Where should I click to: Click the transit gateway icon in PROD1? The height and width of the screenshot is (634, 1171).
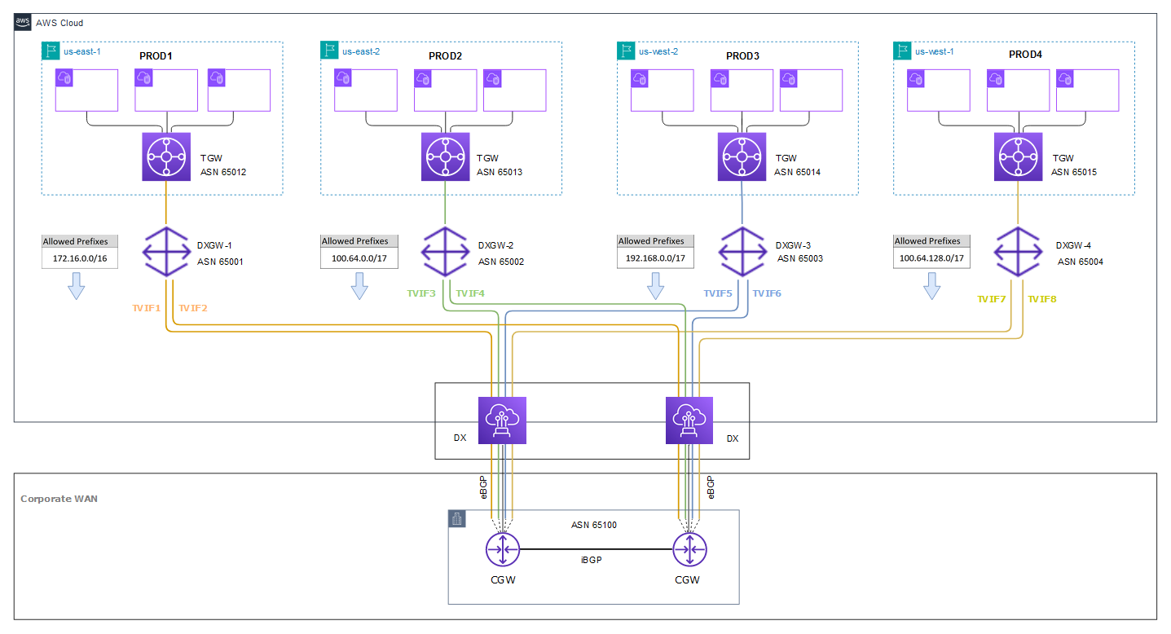[166, 156]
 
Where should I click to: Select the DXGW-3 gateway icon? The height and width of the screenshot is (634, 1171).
[742, 252]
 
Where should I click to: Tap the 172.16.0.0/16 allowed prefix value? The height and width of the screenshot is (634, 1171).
[80, 258]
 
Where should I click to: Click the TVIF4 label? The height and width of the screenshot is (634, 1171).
[470, 293]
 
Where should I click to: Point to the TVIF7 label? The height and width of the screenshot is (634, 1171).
[991, 299]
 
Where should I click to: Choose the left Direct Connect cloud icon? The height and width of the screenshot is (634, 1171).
[502, 420]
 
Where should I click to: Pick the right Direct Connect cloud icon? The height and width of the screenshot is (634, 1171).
[689, 420]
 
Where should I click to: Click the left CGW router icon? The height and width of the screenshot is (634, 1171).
[502, 549]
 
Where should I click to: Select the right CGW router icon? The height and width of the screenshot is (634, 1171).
[689, 549]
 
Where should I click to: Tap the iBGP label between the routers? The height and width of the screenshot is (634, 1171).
[592, 560]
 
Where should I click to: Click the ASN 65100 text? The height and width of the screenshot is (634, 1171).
[594, 525]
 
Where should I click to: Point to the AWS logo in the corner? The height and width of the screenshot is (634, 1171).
[23, 22]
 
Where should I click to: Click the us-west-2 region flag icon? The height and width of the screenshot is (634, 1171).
[626, 51]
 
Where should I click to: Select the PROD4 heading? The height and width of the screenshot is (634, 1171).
[1025, 55]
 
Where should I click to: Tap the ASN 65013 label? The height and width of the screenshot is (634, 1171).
[500, 172]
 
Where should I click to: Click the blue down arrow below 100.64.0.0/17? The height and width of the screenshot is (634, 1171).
[359, 286]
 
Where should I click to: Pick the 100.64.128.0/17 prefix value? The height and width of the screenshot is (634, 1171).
[931, 258]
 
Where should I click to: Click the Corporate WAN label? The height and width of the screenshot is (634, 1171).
[59, 499]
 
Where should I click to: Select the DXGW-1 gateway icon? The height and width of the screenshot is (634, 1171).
[166, 252]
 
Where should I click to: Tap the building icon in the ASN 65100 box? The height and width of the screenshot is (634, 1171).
[457, 519]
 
